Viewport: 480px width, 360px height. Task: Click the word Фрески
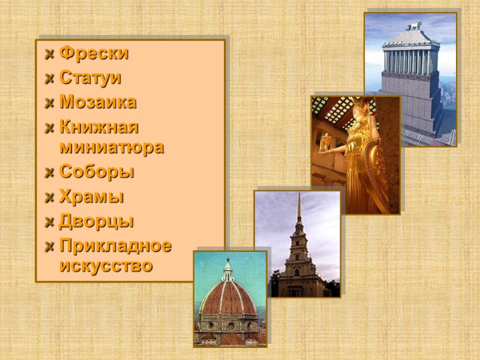(x=94, y=53)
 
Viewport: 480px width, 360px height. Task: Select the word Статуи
(x=91, y=78)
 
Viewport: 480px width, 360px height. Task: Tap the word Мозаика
(x=98, y=102)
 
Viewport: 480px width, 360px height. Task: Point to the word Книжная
(x=99, y=127)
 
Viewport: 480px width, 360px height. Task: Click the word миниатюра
(x=112, y=147)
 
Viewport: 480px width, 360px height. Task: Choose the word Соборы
(x=97, y=172)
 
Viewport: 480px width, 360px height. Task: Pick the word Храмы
(x=92, y=196)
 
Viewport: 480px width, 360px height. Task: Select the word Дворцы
(x=97, y=221)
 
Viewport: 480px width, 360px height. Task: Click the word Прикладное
(x=115, y=245)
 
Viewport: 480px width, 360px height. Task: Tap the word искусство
(x=106, y=265)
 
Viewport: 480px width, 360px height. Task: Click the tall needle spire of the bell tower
(x=299, y=207)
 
